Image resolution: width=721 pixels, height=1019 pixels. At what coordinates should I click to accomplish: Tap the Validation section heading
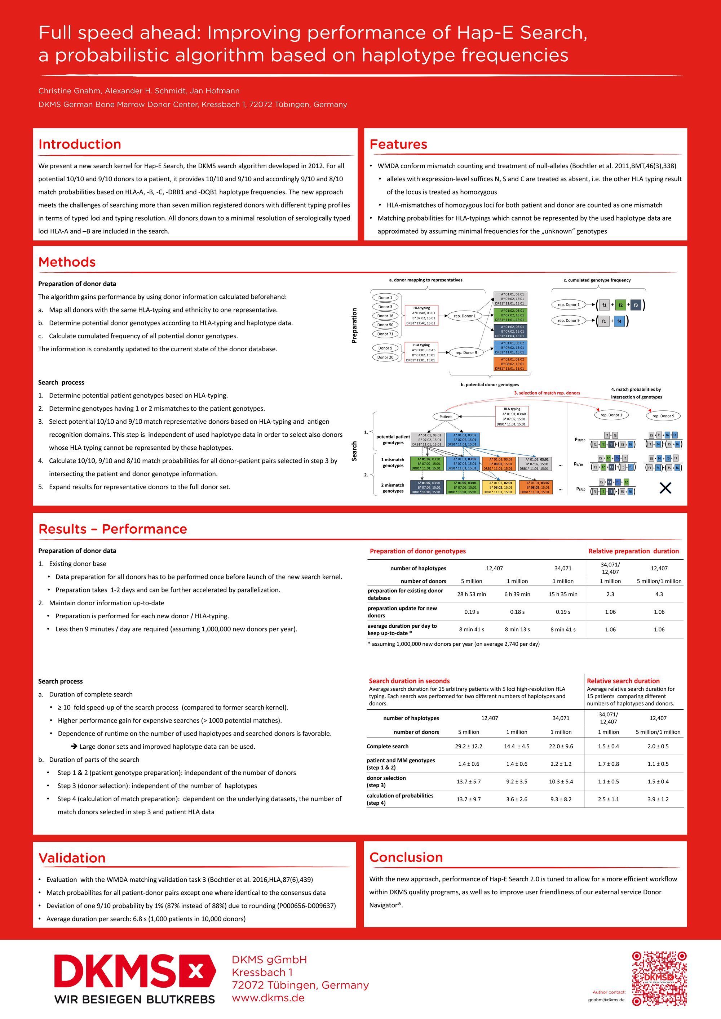[x=72, y=858]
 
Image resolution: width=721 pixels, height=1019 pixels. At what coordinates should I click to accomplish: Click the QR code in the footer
[x=659, y=978]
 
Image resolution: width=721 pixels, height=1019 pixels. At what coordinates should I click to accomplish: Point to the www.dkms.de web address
[x=268, y=998]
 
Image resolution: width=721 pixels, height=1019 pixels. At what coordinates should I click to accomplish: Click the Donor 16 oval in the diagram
[x=385, y=316]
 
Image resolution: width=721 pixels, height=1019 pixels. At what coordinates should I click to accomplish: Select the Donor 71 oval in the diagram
[x=385, y=334]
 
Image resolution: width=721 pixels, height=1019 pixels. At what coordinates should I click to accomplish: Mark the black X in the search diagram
[x=665, y=488]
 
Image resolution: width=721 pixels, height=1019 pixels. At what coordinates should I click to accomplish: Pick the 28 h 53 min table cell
[x=472, y=594]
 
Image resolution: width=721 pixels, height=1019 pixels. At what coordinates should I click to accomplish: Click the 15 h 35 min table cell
[x=563, y=594]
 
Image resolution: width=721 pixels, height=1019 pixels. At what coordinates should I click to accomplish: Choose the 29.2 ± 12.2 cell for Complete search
[x=468, y=747]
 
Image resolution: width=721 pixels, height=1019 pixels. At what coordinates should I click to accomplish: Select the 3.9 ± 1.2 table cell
[x=658, y=799]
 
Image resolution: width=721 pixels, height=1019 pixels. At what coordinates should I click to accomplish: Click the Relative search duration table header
[x=623, y=681]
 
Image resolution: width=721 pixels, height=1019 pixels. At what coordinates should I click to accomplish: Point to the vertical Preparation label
[x=354, y=325]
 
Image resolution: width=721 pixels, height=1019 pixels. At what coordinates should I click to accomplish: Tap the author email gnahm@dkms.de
[x=606, y=1000]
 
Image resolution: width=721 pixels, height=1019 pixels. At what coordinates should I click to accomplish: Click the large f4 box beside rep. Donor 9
[x=619, y=321]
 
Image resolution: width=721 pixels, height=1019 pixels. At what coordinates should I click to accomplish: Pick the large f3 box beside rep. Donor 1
[x=636, y=305]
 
